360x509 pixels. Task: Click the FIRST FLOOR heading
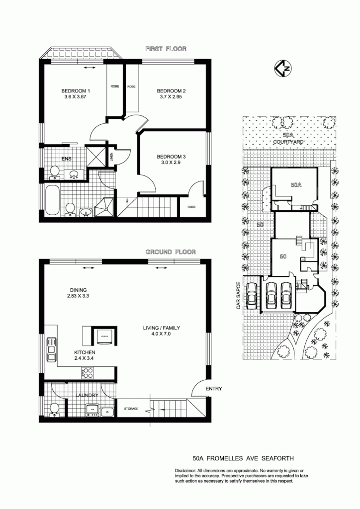click(166, 49)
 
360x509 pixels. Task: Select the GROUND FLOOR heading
click(171, 252)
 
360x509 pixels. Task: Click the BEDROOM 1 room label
click(76, 91)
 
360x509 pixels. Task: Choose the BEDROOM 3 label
click(171, 157)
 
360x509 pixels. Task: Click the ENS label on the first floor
click(67, 159)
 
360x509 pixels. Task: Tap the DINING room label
click(79, 290)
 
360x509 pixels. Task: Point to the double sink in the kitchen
click(51, 349)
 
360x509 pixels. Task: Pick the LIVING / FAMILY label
click(161, 328)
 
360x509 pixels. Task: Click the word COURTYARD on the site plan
click(288, 142)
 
